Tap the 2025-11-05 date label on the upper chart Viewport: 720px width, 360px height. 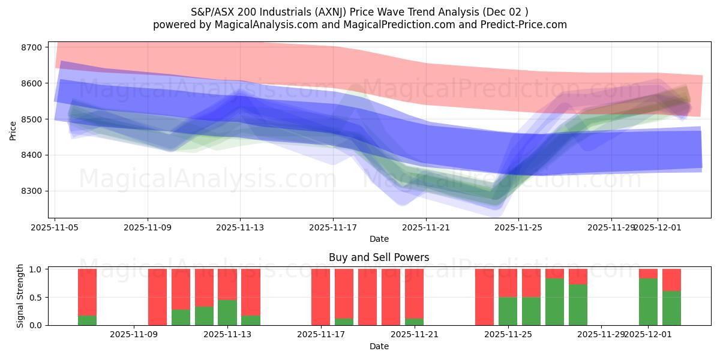55,227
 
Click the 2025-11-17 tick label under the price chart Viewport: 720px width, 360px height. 333,227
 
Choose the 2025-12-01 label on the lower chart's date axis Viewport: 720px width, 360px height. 648,334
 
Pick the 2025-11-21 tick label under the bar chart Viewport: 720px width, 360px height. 415,334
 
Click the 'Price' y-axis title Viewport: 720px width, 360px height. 13,130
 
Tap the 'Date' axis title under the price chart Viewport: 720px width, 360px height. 379,239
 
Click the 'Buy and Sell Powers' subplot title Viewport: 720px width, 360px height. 379,257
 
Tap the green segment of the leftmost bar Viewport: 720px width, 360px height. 87,320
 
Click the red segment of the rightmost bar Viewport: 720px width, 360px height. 671,280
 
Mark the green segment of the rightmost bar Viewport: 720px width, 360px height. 671,308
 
